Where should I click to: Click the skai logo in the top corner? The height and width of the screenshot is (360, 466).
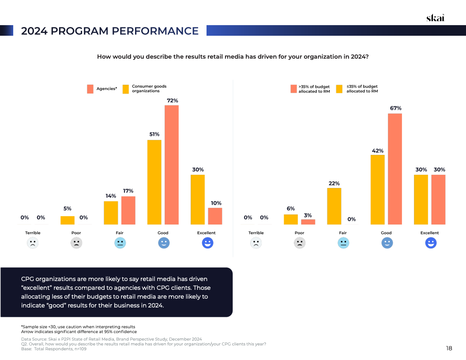[x=435, y=18]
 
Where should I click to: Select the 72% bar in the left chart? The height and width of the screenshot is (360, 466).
[x=172, y=165]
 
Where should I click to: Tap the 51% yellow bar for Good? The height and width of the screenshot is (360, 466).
[x=154, y=182]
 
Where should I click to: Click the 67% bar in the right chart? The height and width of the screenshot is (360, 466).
[x=395, y=169]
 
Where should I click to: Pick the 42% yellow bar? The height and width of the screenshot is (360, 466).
[x=378, y=190]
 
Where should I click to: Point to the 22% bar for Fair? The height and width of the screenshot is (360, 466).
[x=334, y=206]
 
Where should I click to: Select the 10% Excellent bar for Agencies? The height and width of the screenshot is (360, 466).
[x=215, y=216]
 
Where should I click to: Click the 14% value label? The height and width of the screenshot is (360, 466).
[x=111, y=196]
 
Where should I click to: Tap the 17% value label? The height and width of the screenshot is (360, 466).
[x=128, y=191]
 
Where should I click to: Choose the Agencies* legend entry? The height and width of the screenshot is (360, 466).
[x=102, y=89]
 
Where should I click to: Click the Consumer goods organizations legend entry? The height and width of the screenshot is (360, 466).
[x=145, y=89]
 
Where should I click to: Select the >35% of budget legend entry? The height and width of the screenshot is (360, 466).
[x=310, y=89]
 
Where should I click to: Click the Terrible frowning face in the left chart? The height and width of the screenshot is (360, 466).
[x=33, y=243]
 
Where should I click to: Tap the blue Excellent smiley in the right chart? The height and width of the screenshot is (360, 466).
[x=431, y=243]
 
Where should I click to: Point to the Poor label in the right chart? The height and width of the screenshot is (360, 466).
[x=299, y=233]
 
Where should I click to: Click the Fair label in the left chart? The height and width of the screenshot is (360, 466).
[x=120, y=233]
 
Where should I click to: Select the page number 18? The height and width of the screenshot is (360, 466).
[x=449, y=348]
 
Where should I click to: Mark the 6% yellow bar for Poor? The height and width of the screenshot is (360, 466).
[x=291, y=219]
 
